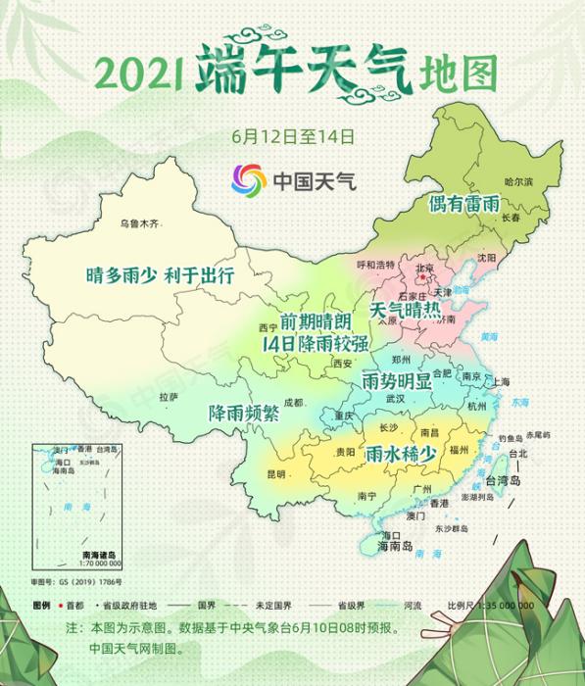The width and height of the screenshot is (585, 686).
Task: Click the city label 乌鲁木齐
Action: pos(138,223)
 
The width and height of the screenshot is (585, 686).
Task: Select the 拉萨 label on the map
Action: pos(168,397)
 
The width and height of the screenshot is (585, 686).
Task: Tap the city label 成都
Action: pos(294,402)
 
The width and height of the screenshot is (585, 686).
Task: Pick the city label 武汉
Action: pos(395,399)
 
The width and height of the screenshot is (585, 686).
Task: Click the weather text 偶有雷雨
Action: pos(464,204)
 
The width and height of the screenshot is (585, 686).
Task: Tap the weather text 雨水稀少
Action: pos(400,455)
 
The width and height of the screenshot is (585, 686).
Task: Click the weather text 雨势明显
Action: pos(397,379)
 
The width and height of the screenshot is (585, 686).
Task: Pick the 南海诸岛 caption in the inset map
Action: pos(100,557)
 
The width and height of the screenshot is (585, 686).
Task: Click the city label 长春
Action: pos(511,218)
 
